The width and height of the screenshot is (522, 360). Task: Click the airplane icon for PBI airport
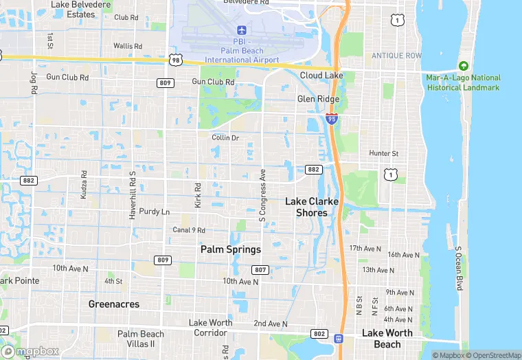[241, 30]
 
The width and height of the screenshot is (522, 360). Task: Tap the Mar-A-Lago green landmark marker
[464, 67]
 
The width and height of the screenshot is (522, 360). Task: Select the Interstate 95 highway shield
[332, 119]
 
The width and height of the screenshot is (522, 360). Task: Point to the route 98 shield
[176, 60]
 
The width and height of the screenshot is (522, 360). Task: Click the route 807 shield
[260, 269]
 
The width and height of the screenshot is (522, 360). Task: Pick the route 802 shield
[318, 333]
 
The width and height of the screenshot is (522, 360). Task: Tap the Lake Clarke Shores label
[312, 207]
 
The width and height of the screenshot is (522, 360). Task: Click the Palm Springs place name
[231, 249]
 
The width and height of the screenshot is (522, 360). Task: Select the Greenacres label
[114, 304]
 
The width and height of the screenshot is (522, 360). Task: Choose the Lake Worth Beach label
[387, 339]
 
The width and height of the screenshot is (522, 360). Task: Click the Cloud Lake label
[321, 75]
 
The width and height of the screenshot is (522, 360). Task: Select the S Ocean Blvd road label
[459, 268]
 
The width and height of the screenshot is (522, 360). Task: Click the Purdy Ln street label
[154, 212]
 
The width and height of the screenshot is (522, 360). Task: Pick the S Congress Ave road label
[262, 196]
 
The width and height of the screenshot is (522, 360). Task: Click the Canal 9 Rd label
[189, 229]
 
